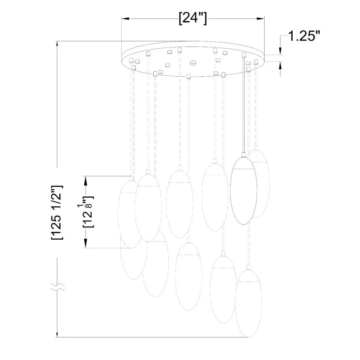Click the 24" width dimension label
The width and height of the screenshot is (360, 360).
click(193, 18)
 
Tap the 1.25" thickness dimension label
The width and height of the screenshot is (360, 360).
click(304, 36)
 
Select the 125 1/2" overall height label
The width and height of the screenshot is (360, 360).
click(57, 212)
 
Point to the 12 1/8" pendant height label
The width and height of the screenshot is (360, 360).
click(88, 212)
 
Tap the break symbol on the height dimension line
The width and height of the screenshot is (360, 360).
click(58, 287)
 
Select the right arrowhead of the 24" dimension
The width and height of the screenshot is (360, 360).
click(260, 18)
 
